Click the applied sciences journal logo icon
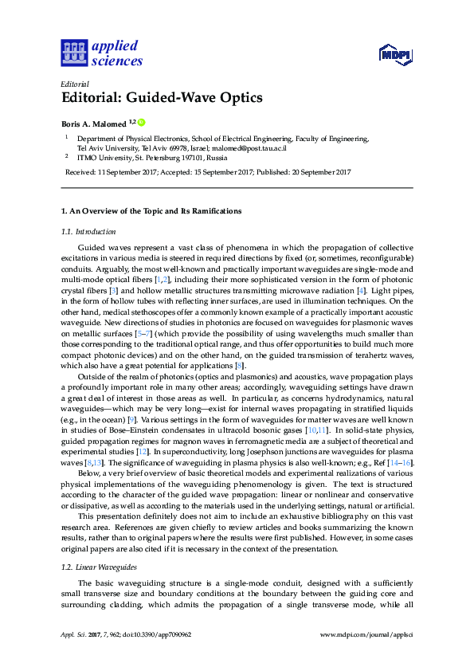pos(74,53)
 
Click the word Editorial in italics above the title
pos(75,84)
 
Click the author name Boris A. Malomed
pos(94,124)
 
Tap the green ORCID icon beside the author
pos(142,122)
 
